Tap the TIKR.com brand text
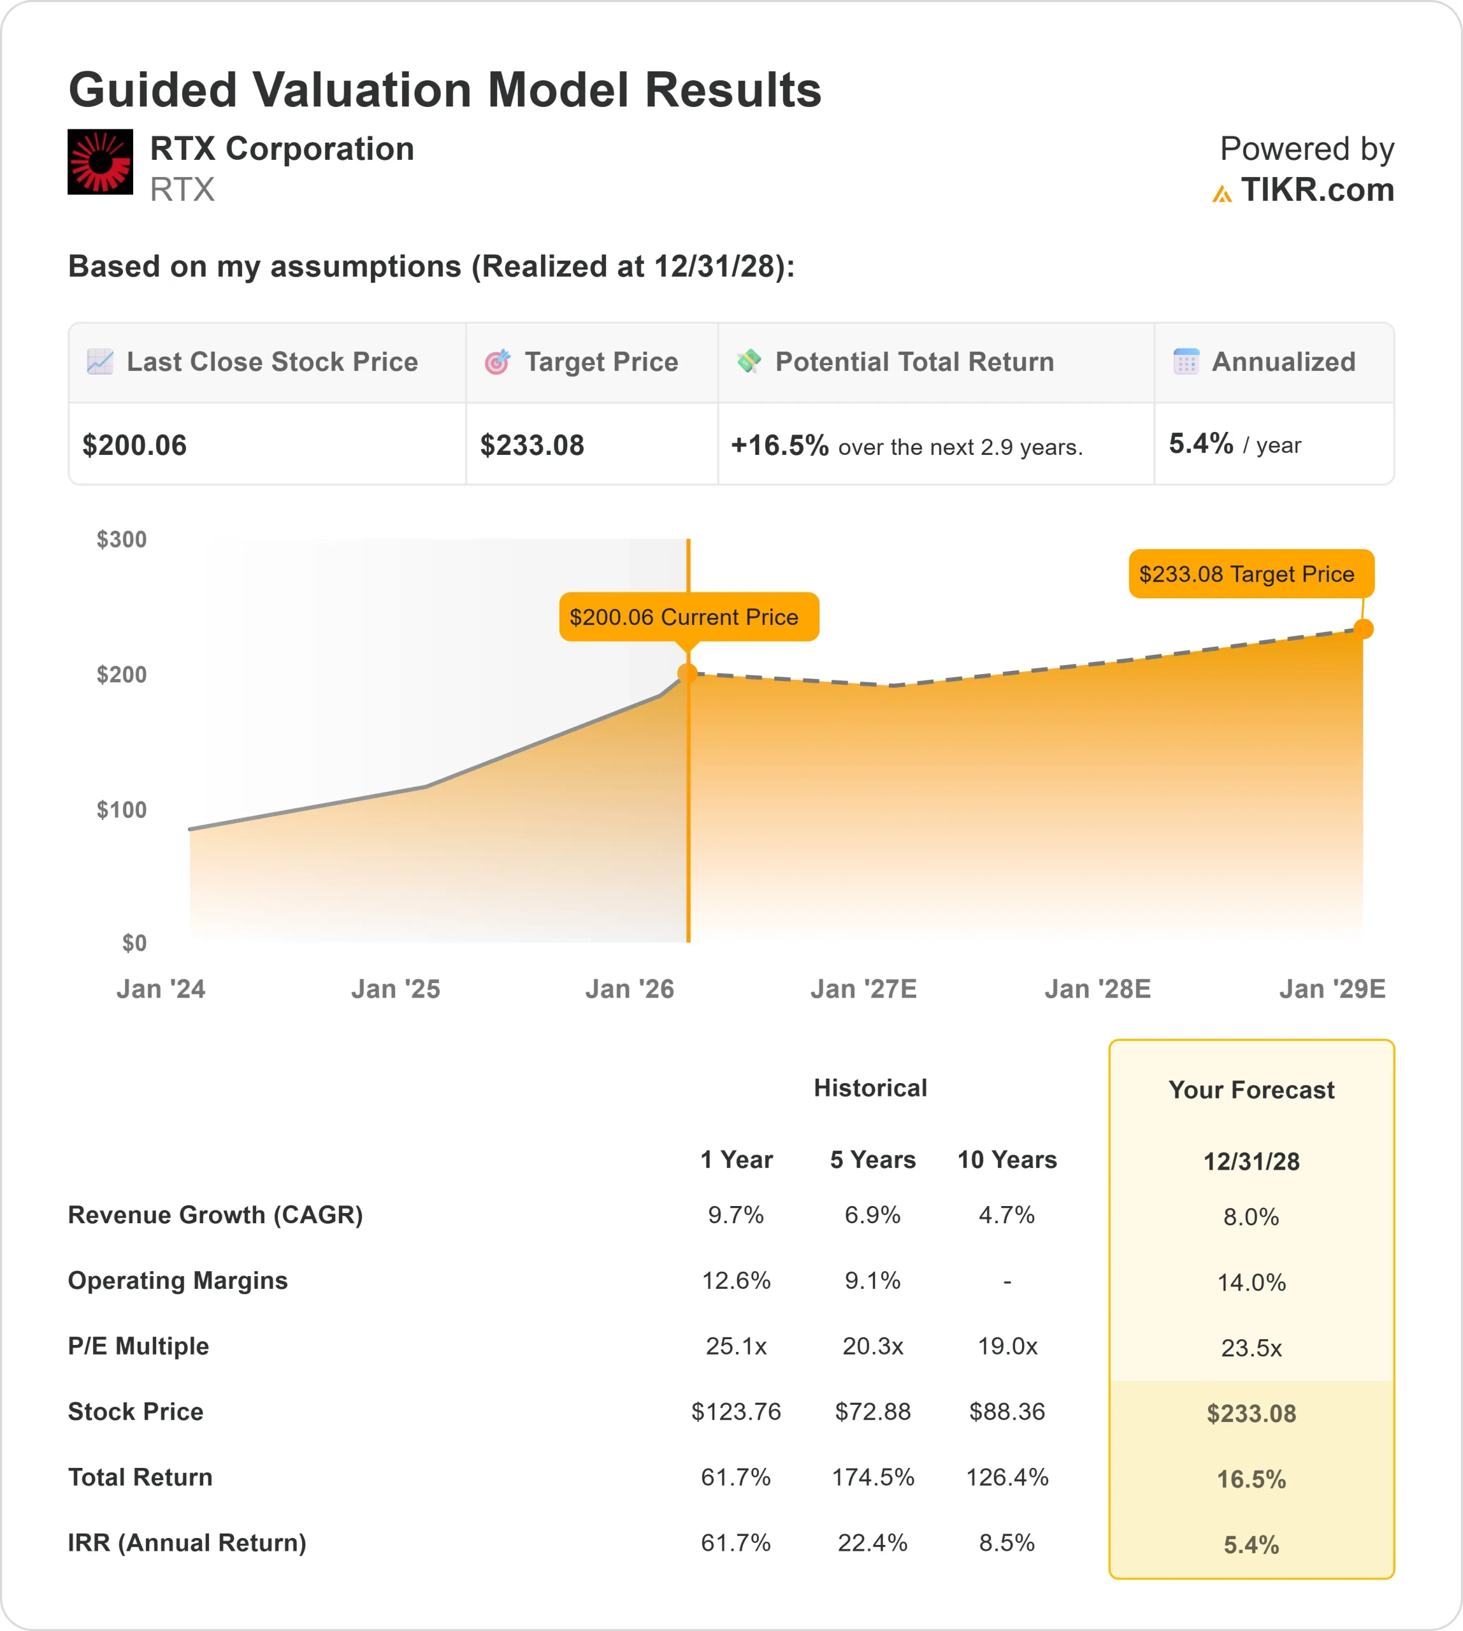tap(1316, 190)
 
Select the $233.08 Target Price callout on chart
tap(1251, 574)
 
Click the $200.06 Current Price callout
tap(688, 617)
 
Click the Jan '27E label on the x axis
tap(863, 989)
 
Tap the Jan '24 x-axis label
tap(161, 989)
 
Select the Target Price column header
tap(600, 362)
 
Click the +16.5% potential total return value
tap(779, 445)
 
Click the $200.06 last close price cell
tap(134, 445)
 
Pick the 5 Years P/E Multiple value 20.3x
tap(872, 1346)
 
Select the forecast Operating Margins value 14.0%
tap(1251, 1282)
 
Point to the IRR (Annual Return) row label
tap(187, 1542)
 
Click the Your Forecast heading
tap(1251, 1090)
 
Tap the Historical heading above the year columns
tap(870, 1088)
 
